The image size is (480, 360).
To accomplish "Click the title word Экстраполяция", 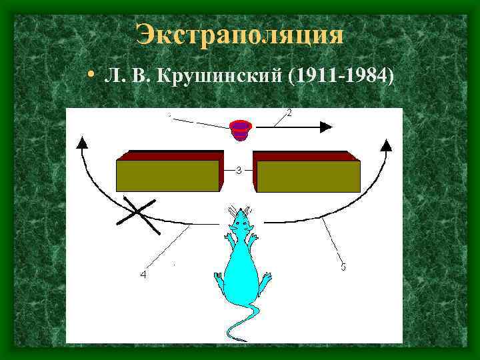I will (x=240, y=34).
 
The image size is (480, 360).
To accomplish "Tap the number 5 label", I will (x=343, y=268).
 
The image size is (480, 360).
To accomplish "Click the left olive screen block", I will (x=168, y=175).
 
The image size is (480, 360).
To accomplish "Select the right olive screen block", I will (x=308, y=175).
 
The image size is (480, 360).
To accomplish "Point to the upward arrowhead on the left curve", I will (x=82, y=142).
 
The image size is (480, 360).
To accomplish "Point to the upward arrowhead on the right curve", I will (x=387, y=143).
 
